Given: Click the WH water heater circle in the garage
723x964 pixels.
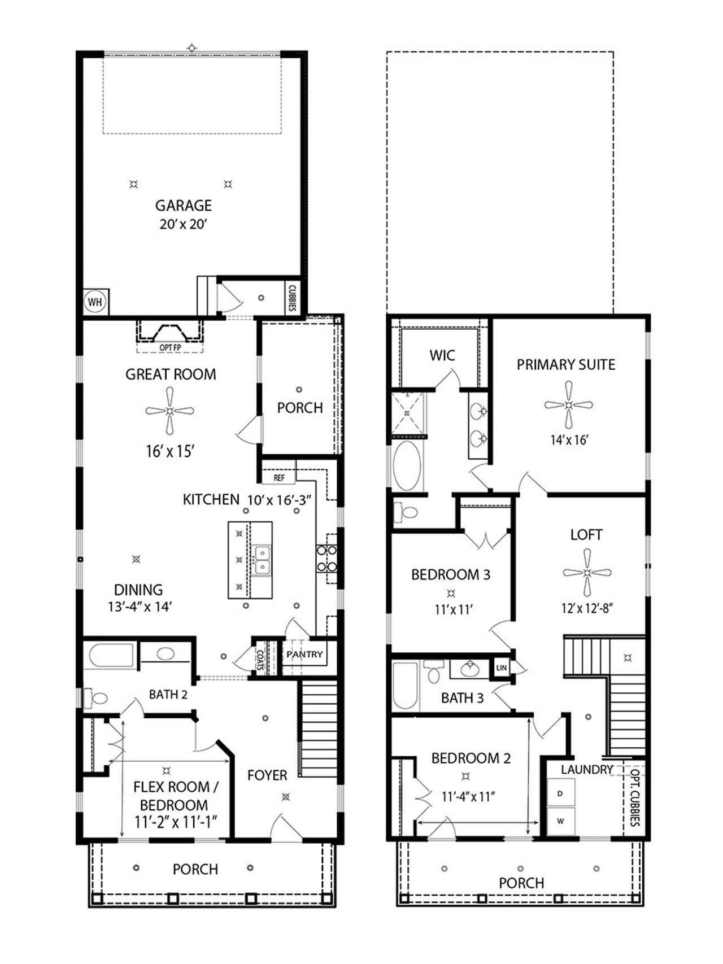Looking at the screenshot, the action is coord(95,302).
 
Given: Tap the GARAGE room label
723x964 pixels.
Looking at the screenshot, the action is coord(184,206).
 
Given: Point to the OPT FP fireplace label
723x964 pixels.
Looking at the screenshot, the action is coord(169,348).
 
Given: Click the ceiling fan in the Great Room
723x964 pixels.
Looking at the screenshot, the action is coord(169,411).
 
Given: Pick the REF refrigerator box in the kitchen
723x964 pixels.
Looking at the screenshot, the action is coord(278,477).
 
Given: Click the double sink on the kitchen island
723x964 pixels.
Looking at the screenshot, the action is coord(262,560).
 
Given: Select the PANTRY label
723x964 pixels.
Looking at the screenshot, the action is coord(304,655).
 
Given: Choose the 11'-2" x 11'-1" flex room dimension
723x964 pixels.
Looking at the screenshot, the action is coord(176,822).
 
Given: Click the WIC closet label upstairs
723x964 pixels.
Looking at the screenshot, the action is coord(442,355).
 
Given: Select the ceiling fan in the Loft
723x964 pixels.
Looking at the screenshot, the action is coord(587,573).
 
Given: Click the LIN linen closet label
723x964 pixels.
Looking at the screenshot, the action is coord(502,668).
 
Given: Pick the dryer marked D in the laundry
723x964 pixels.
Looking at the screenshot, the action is coord(561,793).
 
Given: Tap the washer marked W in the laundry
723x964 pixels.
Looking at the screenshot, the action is coord(561,821).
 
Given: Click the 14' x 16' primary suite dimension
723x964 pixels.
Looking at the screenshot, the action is coord(569,439).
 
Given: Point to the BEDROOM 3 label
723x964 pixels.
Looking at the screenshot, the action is coord(451,575).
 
